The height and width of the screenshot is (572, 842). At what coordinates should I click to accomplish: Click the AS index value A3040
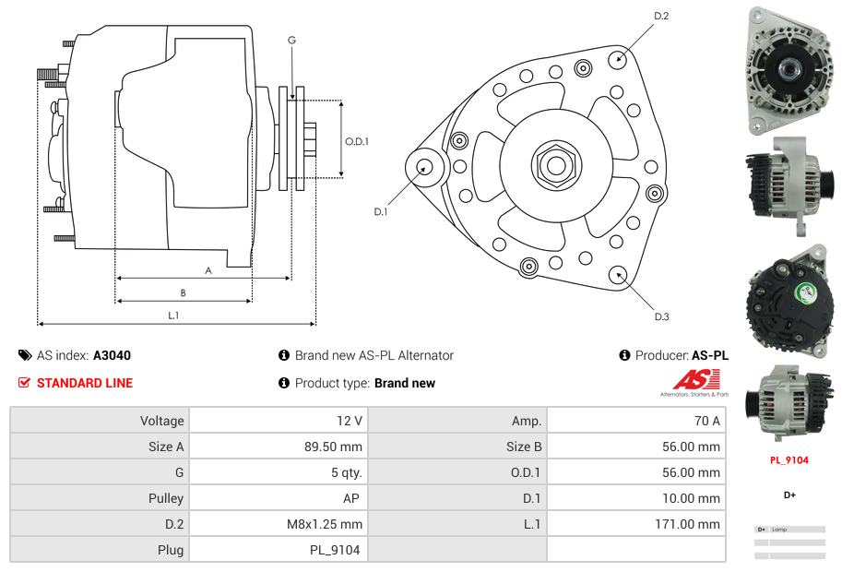112,355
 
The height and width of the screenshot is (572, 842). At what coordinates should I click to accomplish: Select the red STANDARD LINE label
85,383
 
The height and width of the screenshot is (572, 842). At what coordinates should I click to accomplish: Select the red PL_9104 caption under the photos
789,460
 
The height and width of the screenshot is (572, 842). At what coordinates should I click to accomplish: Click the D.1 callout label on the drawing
381,212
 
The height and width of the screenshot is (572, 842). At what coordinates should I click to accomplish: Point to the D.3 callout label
661,316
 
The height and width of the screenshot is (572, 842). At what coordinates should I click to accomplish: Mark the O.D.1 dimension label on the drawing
357,141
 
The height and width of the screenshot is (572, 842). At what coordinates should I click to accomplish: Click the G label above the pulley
291,40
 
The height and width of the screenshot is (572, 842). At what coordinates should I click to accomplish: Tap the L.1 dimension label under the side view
173,316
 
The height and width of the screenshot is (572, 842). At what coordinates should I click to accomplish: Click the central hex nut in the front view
555,165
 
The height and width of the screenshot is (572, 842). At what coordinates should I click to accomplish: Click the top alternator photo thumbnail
789,68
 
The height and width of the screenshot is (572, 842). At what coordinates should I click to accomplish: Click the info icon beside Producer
624,355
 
